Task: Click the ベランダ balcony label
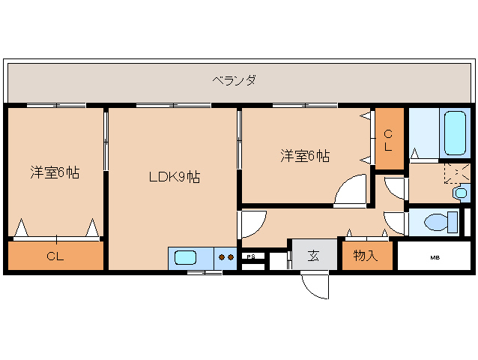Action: pyautogui.click(x=234, y=79)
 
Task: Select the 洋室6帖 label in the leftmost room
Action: pyautogui.click(x=55, y=172)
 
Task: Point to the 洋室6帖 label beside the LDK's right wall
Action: pyautogui.click(x=305, y=156)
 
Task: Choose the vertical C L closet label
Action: pyautogui.click(x=388, y=140)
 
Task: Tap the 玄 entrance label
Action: pyautogui.click(x=313, y=256)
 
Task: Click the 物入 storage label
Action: pyautogui.click(x=365, y=256)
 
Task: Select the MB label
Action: pyautogui.click(x=435, y=257)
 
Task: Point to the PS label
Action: pyautogui.click(x=252, y=256)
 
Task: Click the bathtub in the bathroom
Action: pyautogui.click(x=456, y=132)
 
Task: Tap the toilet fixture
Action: pyautogui.click(x=439, y=223)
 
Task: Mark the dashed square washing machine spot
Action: pyautogui.click(x=454, y=173)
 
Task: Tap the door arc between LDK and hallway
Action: pyautogui.click(x=252, y=223)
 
